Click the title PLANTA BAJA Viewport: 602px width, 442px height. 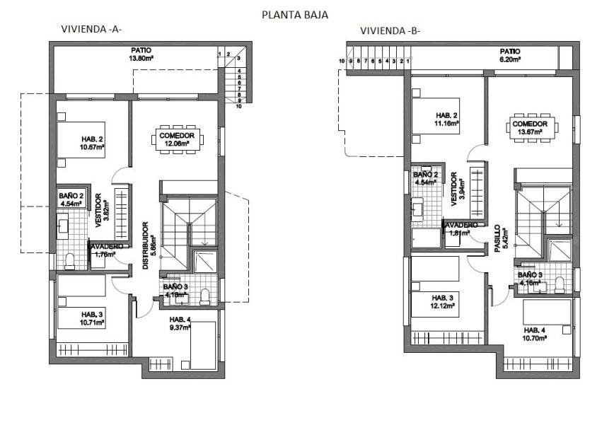tap(294, 14)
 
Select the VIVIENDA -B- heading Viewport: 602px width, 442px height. tap(391, 30)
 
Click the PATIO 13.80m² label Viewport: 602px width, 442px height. tap(140, 54)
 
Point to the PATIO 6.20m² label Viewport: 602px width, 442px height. tap(509, 56)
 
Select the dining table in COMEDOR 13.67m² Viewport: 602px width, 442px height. tap(529, 127)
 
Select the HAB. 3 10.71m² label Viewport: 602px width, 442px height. tap(93, 318)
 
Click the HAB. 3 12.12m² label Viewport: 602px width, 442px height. tap(444, 302)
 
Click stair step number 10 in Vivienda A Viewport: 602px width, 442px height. tap(240, 106)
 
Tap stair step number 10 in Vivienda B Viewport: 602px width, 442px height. tap(342, 62)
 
